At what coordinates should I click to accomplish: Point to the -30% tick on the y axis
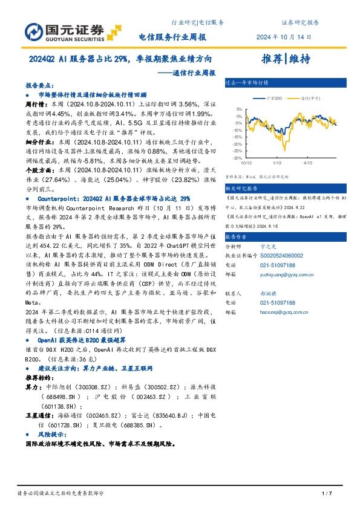tap(238, 158)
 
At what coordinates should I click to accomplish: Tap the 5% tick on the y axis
tap(240, 109)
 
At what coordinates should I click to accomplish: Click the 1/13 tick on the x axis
tap(277, 163)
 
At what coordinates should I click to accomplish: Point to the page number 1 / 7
tap(327, 494)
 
